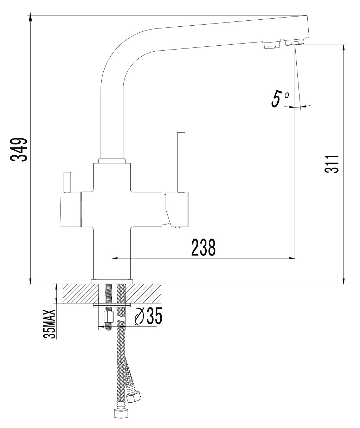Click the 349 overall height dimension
tap(19, 149)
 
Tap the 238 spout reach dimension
tap(203, 247)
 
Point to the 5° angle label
tap(280, 99)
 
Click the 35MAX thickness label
tap(50, 324)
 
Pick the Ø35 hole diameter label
tap(148, 316)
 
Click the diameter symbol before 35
tap(139, 316)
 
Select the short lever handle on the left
tap(67, 182)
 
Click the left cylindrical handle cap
tap(71, 209)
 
